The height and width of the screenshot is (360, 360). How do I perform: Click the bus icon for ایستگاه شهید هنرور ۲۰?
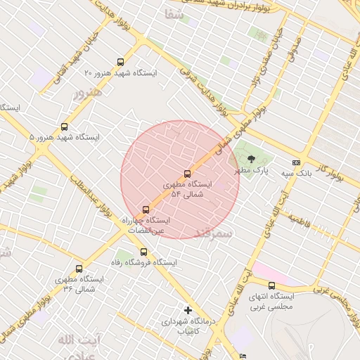120,62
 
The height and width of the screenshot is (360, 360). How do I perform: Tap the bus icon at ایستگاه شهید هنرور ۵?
65,127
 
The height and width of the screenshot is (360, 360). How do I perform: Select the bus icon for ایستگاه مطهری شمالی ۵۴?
186,174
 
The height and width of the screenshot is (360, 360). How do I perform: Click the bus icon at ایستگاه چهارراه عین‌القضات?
146,209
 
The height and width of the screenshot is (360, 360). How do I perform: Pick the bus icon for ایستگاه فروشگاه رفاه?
143,252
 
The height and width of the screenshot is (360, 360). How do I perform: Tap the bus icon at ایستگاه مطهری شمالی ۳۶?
79,269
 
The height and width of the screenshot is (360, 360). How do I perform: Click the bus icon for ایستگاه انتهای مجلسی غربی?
271,285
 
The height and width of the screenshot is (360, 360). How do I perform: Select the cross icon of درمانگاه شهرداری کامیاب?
187,310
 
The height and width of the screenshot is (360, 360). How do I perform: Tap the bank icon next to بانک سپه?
296,162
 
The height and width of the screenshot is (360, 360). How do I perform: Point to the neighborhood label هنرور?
87,93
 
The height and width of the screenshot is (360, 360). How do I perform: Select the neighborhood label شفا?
173,14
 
